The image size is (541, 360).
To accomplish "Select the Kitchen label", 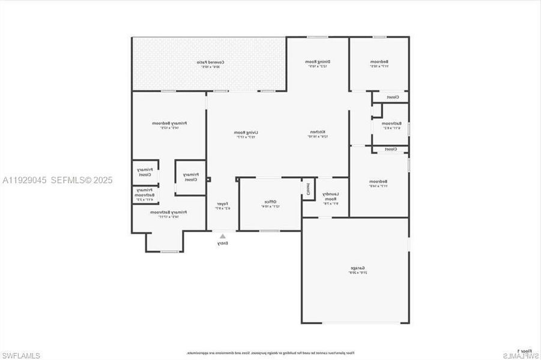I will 318,134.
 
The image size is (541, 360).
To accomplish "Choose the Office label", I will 270,203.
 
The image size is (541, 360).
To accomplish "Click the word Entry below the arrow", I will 223,243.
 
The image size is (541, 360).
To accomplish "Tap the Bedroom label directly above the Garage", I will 379,184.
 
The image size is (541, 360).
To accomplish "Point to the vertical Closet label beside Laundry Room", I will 308,190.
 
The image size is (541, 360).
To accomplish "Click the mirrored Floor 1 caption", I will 524,350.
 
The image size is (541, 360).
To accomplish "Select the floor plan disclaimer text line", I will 270,353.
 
